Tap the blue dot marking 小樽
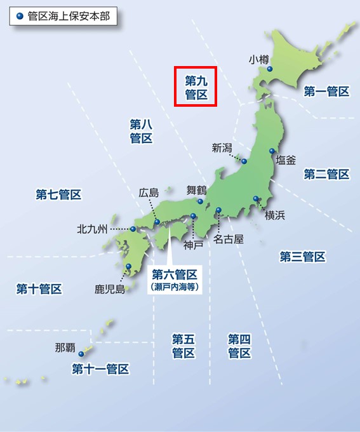(x=270, y=69)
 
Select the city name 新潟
(x=222, y=148)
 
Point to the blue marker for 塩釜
(x=272, y=151)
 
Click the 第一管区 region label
(x=326, y=91)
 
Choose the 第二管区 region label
(x=326, y=174)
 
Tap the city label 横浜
(x=275, y=215)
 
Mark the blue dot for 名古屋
(x=218, y=210)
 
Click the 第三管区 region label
(x=302, y=257)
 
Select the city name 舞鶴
(x=196, y=189)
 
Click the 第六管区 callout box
(x=175, y=280)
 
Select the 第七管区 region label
(x=58, y=194)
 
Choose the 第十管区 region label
(x=39, y=289)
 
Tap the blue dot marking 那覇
(x=81, y=354)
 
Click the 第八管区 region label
(x=141, y=131)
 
